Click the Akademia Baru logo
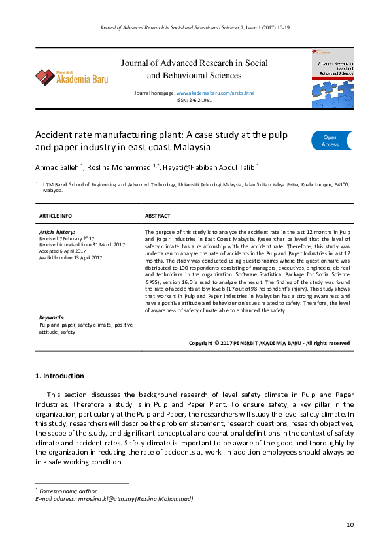pos(72,76)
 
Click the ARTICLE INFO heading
pos(56,216)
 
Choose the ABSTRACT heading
pos(158,216)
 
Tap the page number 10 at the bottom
pos(350,525)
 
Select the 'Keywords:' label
pos(52,317)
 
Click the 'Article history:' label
pos(57,232)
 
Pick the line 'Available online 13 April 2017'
pos(71,257)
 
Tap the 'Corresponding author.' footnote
pos(69,491)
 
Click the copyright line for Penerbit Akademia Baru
pos(269,343)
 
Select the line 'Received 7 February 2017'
pos(67,238)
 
